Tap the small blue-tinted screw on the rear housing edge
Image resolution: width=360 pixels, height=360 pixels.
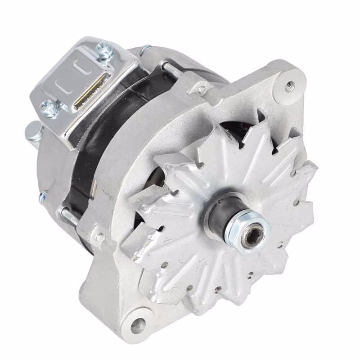(44, 196)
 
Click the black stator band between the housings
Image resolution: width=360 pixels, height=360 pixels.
(108, 130)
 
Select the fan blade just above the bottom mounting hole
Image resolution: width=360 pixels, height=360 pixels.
(157, 279)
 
